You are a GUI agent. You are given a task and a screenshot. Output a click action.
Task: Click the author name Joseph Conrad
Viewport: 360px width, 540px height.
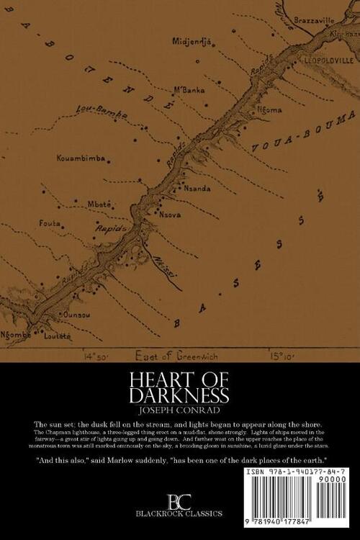coord(180,413)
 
